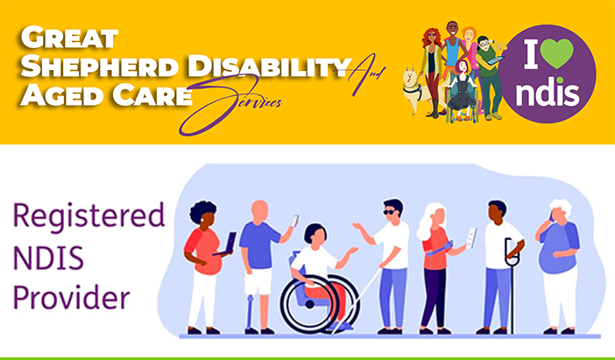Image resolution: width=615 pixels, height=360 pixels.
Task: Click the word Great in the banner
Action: tap(69, 38)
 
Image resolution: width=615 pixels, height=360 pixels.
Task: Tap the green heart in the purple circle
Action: tap(558, 53)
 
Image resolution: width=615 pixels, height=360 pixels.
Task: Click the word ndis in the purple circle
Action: tap(548, 93)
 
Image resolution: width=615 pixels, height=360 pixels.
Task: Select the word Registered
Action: tap(89, 215)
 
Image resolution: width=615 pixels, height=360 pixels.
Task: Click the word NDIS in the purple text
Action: tap(49, 258)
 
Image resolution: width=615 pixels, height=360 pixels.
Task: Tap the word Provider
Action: tap(71, 297)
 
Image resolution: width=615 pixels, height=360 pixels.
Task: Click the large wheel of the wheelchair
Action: tap(310, 304)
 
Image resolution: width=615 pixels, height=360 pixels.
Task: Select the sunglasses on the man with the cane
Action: tap(390, 212)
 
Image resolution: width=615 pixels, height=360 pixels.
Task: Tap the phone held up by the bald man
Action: tap(294, 221)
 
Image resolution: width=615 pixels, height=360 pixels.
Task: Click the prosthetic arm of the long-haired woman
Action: tap(440, 249)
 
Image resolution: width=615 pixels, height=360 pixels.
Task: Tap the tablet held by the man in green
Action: tap(495, 60)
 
